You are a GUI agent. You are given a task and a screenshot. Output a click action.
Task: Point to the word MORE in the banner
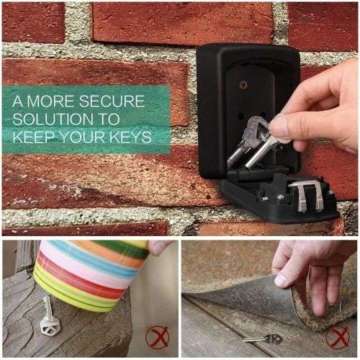(52, 101)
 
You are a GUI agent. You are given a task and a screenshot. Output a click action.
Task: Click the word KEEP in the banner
(36, 135)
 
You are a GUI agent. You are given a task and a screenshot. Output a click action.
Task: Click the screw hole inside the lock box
(243, 85)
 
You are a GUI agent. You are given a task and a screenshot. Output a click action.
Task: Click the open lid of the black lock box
(281, 198)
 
